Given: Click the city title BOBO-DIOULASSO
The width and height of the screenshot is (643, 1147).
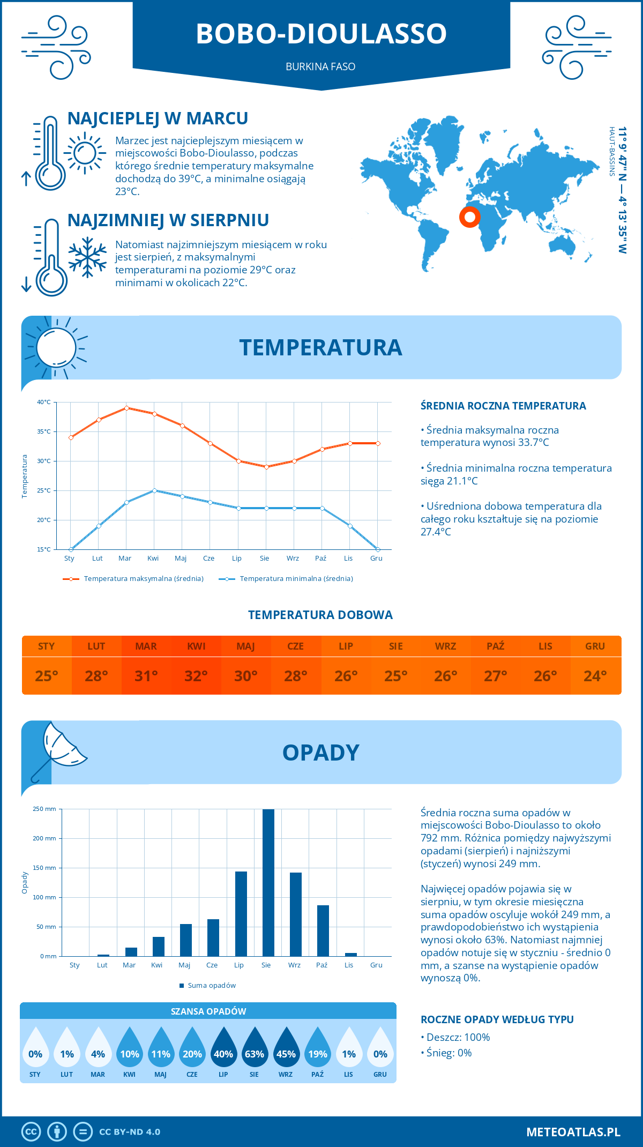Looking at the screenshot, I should pyautogui.click(x=321, y=33).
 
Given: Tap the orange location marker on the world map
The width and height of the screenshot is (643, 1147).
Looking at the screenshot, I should pyautogui.click(x=470, y=217).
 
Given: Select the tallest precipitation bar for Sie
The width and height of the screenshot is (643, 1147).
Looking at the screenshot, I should pyautogui.click(x=268, y=882).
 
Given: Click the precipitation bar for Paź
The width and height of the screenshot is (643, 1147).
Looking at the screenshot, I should pyautogui.click(x=323, y=930).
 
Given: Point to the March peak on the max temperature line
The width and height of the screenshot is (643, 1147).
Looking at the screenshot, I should pyautogui.click(x=126, y=408).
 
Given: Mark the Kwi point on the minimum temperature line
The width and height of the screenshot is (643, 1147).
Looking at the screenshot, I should pyautogui.click(x=154, y=490).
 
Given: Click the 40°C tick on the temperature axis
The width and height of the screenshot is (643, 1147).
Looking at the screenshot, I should pyautogui.click(x=44, y=402).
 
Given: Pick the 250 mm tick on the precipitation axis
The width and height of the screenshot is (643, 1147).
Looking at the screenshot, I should pyautogui.click(x=44, y=809).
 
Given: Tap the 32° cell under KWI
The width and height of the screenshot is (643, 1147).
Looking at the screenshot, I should pyautogui.click(x=196, y=676).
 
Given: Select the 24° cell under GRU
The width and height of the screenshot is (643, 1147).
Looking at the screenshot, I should pyautogui.click(x=595, y=676).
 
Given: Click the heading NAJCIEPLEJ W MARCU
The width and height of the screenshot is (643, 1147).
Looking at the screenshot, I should pyautogui.click(x=158, y=118).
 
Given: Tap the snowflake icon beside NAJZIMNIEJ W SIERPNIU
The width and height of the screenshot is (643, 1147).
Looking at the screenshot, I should pyautogui.click(x=87, y=257).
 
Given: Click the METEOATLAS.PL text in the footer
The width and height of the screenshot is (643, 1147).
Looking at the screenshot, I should pyautogui.click(x=573, y=1132).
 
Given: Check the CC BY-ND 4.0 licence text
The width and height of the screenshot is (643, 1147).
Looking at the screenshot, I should pyautogui.click(x=130, y=1132).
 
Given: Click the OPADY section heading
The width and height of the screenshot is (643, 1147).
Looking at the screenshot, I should pyautogui.click(x=321, y=753).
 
